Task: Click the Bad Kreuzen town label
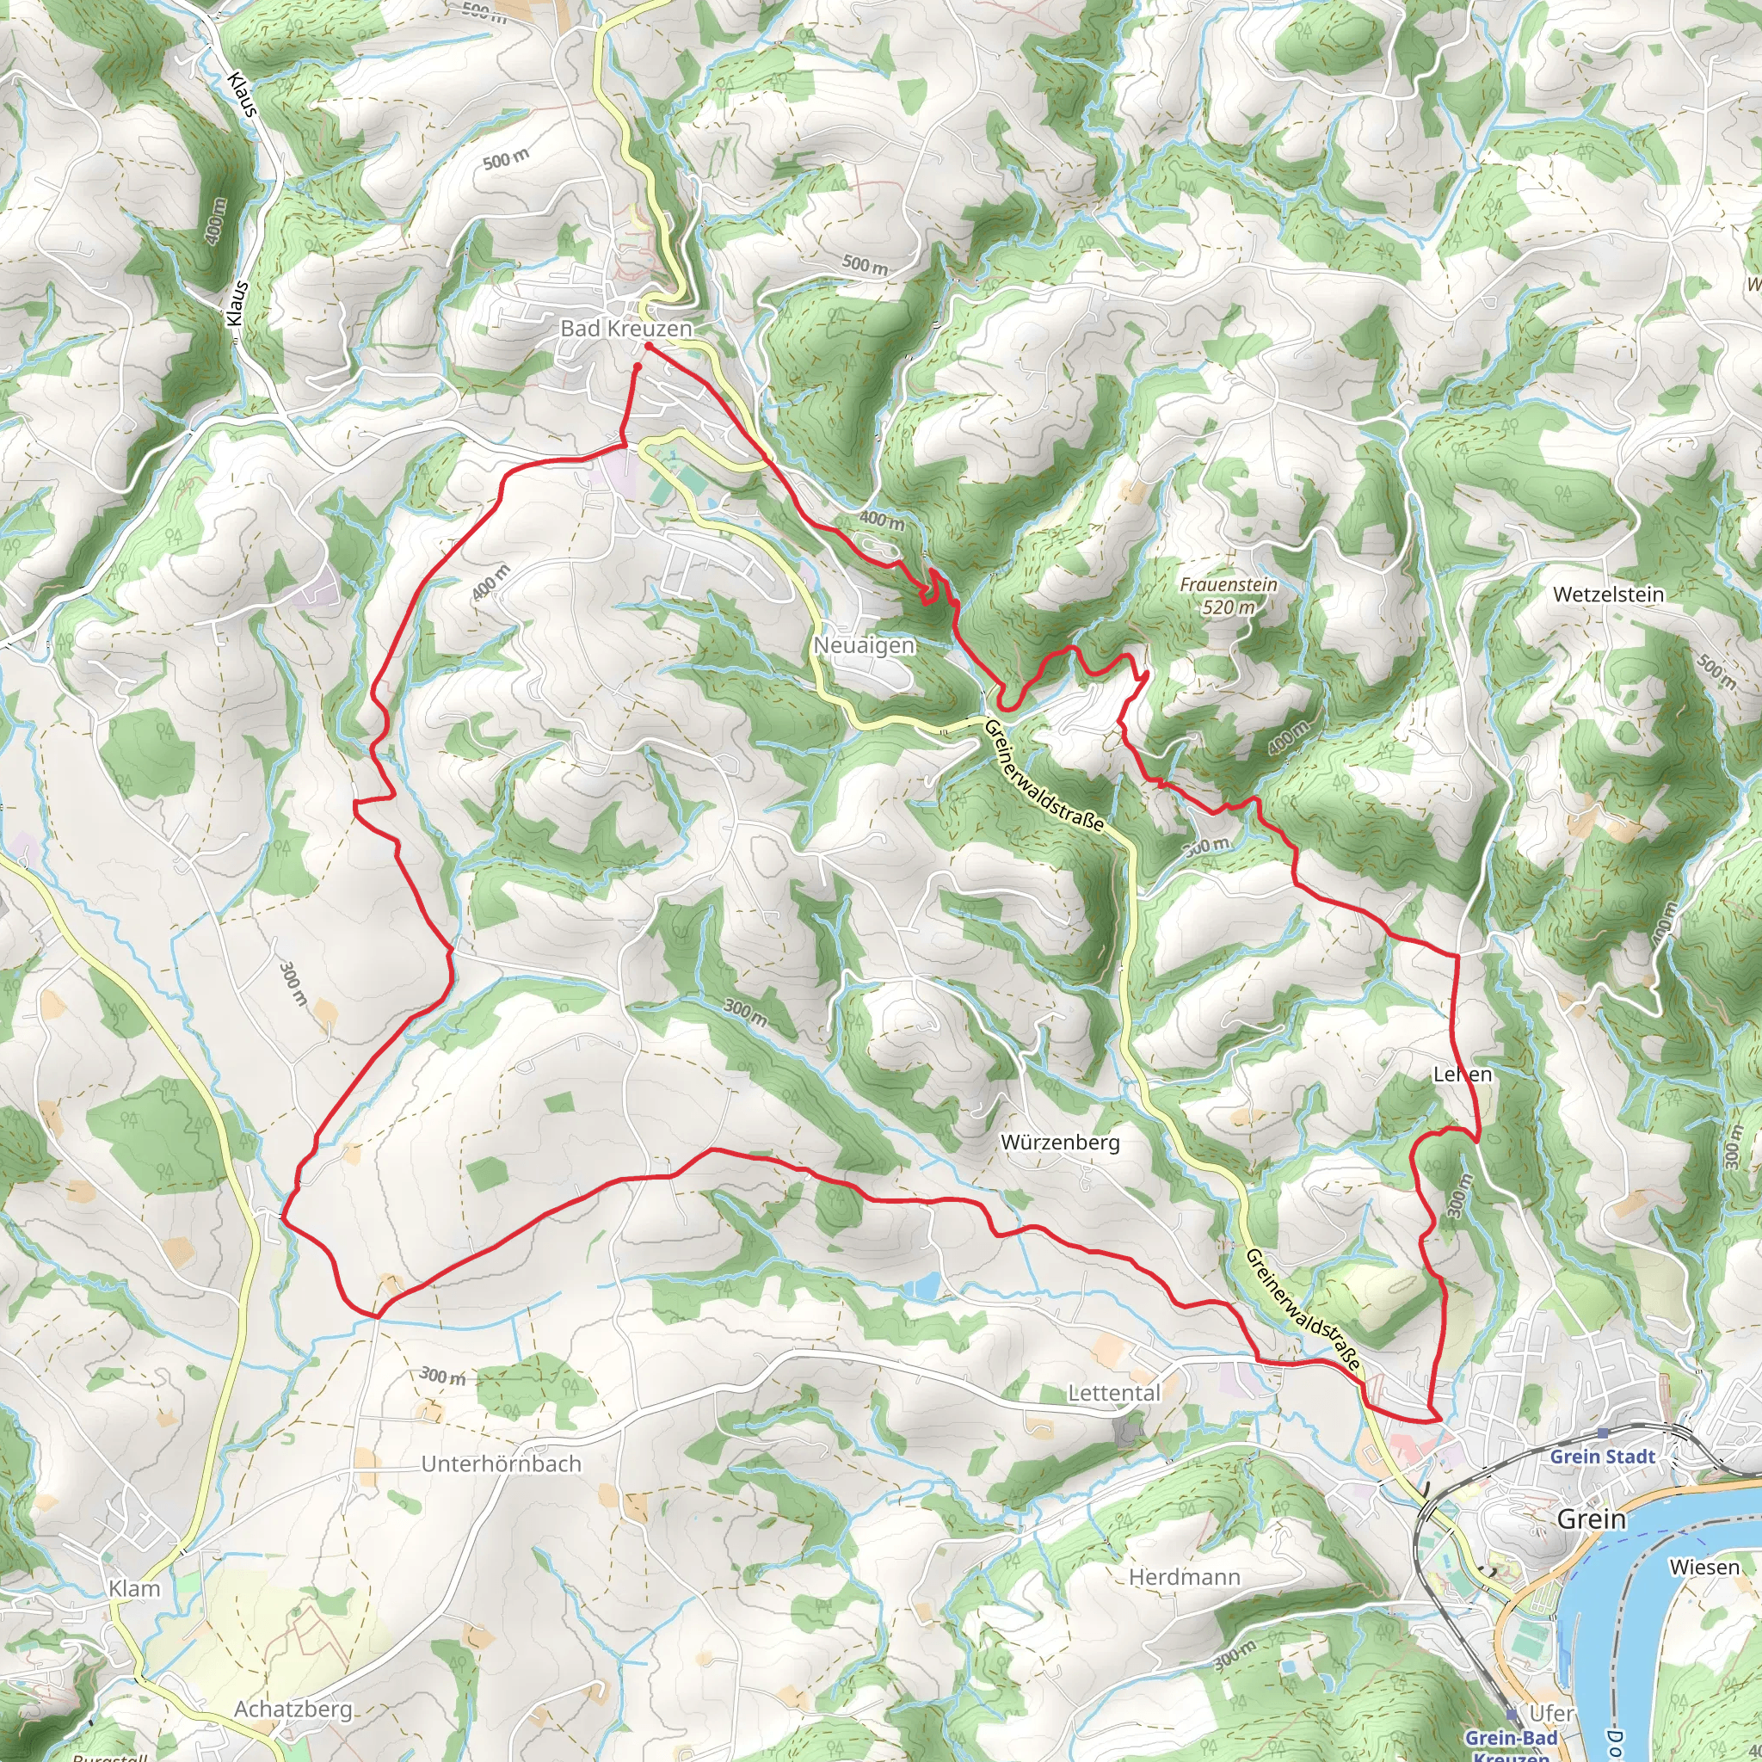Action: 625,329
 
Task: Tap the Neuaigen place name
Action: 864,646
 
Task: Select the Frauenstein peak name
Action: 1229,584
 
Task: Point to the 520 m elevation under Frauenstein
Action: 1229,607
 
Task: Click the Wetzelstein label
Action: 1608,595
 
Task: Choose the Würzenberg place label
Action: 1060,1142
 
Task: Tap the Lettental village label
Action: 1114,1393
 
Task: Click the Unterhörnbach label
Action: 501,1463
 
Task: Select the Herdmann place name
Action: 1185,1577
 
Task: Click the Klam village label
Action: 135,1589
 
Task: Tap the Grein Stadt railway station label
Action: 1602,1457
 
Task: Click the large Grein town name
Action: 1592,1519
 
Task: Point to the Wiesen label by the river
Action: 1704,1567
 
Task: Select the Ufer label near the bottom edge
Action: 1551,1714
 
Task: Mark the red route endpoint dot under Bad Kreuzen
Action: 638,367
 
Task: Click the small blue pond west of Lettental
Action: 924,1287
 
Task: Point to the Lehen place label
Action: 1462,1075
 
